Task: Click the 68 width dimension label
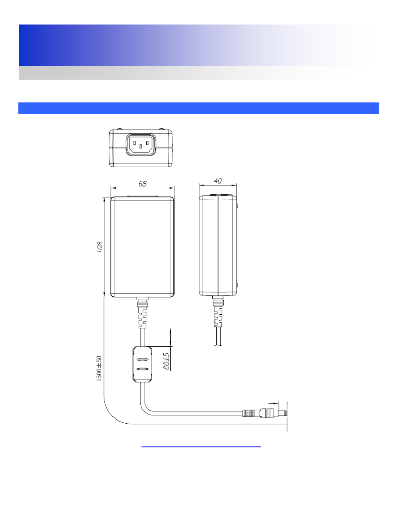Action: [142, 183]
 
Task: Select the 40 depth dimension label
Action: [218, 181]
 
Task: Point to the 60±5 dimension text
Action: [166, 361]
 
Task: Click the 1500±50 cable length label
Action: [99, 369]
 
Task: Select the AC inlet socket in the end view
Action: [141, 145]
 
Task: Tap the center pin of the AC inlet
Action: [141, 146]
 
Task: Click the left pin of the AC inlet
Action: [135, 143]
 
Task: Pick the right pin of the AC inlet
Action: [147, 143]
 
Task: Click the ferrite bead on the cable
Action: [142, 365]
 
